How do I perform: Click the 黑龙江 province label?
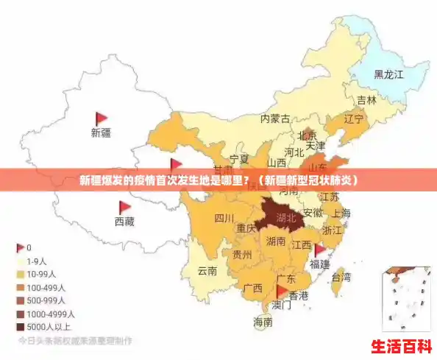point(388,74)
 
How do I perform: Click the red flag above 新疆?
point(101,119)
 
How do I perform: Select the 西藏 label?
point(124,221)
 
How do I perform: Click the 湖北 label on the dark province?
point(286,218)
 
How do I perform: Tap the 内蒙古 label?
point(275,119)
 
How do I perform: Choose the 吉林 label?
point(366,100)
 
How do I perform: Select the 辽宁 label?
point(353,119)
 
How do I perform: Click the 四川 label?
point(224,218)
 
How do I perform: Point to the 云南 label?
point(207,270)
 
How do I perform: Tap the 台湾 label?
point(341,278)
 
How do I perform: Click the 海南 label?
point(263,322)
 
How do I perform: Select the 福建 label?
point(319,263)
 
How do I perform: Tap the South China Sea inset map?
point(405,297)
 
